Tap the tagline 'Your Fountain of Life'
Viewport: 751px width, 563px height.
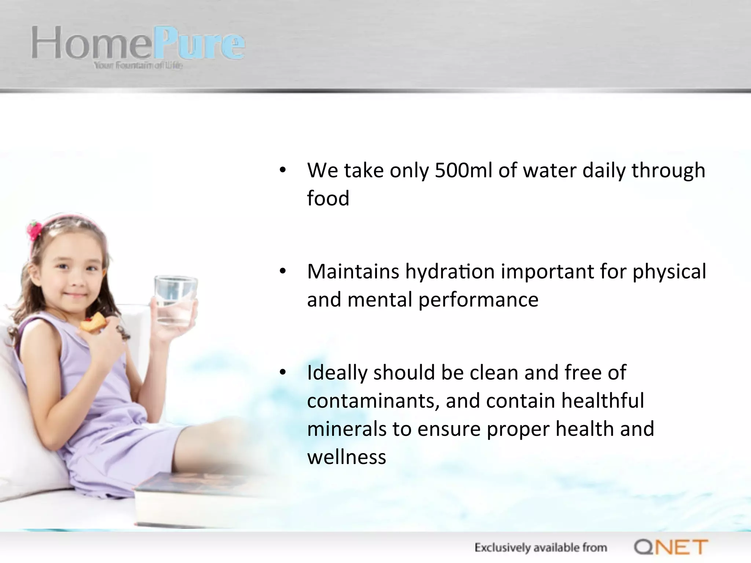(x=138, y=66)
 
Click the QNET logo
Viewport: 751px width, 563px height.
(x=671, y=547)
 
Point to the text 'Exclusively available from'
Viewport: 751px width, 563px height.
(x=541, y=548)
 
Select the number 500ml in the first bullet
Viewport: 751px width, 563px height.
(x=464, y=170)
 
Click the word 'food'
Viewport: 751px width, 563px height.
(x=328, y=199)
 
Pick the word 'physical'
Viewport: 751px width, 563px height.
(x=669, y=272)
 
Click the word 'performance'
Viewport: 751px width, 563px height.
(x=478, y=300)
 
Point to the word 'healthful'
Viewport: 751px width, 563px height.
(x=602, y=401)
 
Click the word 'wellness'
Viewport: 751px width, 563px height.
(x=347, y=457)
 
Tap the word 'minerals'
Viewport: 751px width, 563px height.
(x=347, y=429)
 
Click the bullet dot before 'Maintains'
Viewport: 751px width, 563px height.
(x=282, y=272)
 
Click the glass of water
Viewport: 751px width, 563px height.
(x=175, y=301)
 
